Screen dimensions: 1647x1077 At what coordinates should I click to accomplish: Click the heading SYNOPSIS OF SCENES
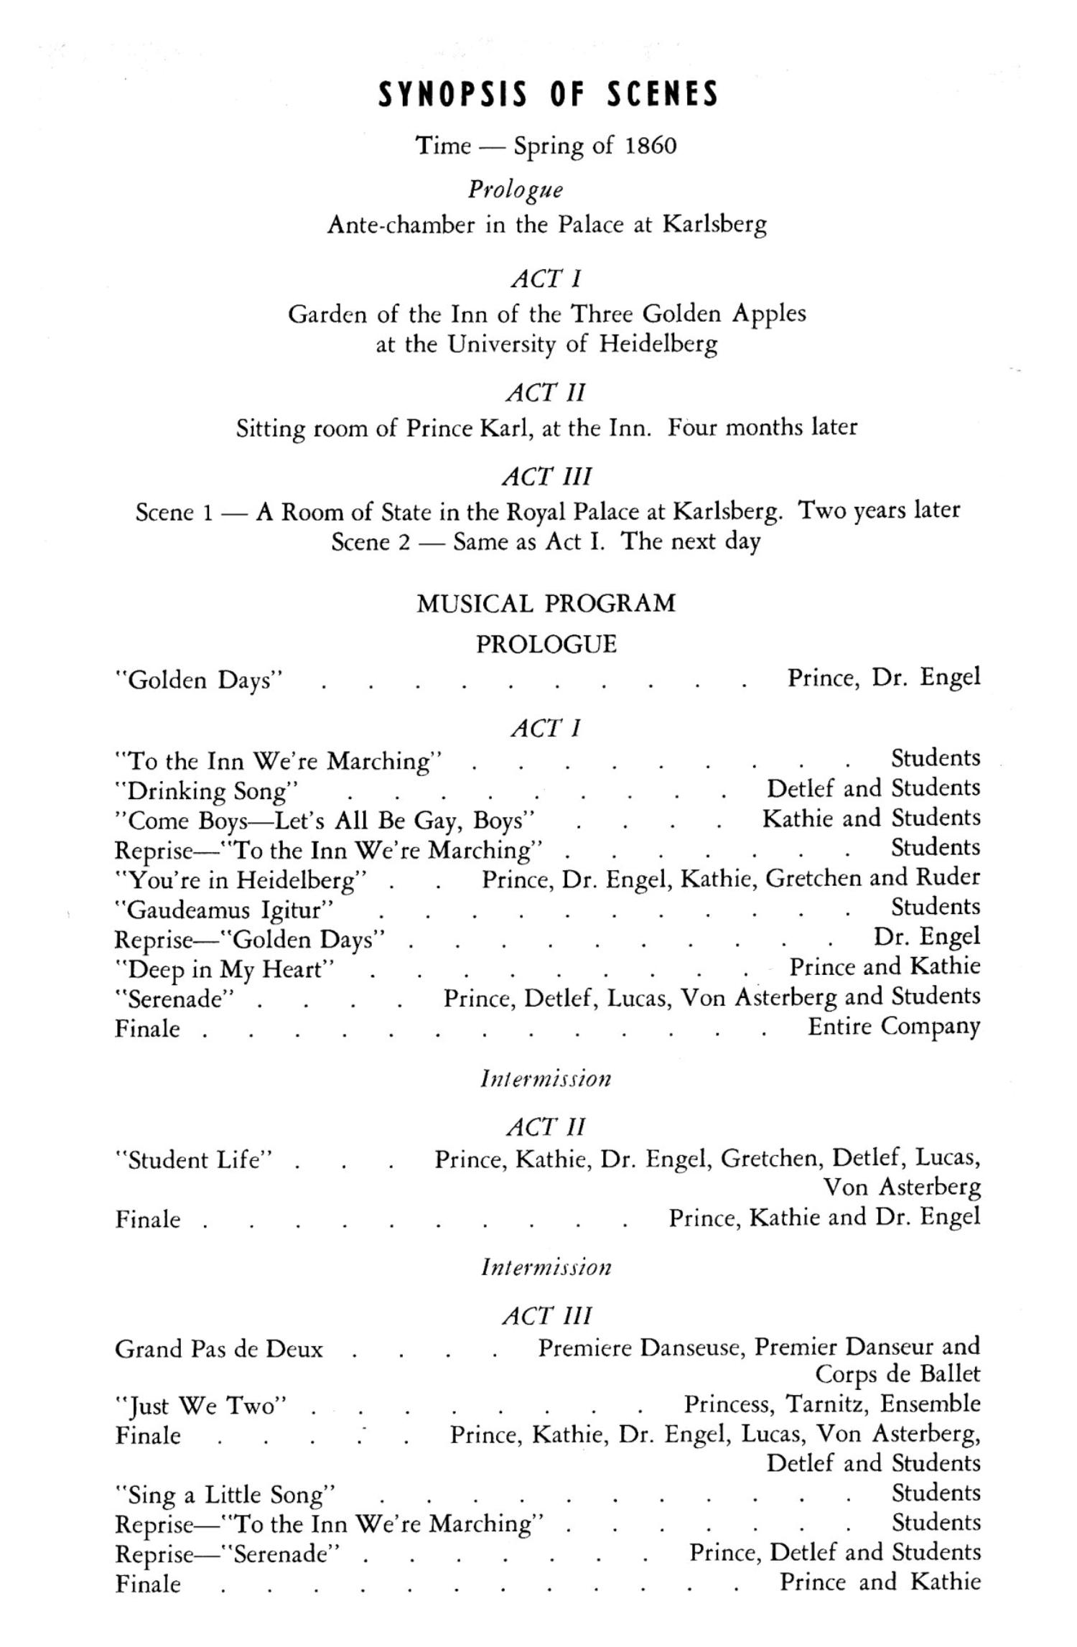click(x=548, y=95)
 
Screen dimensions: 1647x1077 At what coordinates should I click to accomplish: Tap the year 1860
click(x=651, y=146)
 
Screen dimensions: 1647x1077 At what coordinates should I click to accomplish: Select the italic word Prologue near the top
click(x=516, y=190)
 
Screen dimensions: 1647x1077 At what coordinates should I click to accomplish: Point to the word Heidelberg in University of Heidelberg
click(x=658, y=345)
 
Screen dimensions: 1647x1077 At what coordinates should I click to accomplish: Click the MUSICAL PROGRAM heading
click(x=546, y=603)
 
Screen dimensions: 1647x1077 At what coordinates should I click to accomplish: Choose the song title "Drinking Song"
click(x=207, y=791)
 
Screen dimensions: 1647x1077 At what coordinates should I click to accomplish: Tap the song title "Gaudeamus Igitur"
click(x=224, y=910)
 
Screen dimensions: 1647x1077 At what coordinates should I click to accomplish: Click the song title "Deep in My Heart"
click(x=225, y=970)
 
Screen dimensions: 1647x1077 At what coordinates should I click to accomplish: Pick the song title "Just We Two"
click(x=201, y=1405)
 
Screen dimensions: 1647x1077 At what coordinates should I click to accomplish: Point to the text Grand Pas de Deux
click(x=219, y=1349)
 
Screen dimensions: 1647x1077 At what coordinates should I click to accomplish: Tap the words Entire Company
click(x=893, y=1027)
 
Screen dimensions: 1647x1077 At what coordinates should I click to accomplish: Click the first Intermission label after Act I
click(x=546, y=1079)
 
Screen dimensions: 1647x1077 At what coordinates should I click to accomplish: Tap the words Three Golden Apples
click(x=688, y=314)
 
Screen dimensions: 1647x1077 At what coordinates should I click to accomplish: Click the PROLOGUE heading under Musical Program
click(x=546, y=644)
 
